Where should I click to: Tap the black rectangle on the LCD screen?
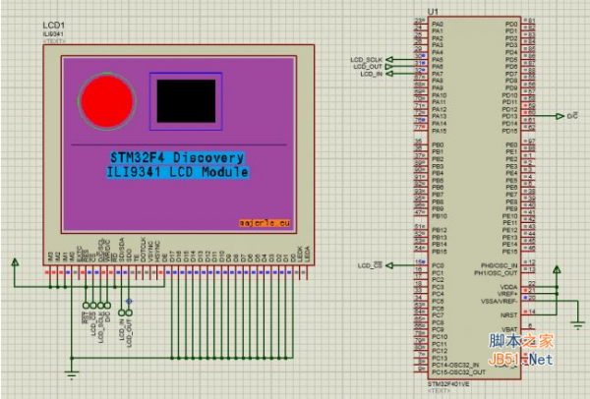(x=185, y=99)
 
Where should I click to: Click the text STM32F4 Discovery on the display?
(x=176, y=157)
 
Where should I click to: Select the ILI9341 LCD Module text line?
(x=176, y=172)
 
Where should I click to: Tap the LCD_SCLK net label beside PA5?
(x=368, y=59)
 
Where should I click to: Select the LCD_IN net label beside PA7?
(x=371, y=74)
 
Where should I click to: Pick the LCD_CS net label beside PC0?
(x=369, y=265)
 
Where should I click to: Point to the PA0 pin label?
(x=439, y=23)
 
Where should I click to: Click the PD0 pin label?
(x=510, y=23)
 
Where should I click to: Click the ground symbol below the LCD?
(x=72, y=371)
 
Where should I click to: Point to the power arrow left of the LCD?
(x=15, y=262)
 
